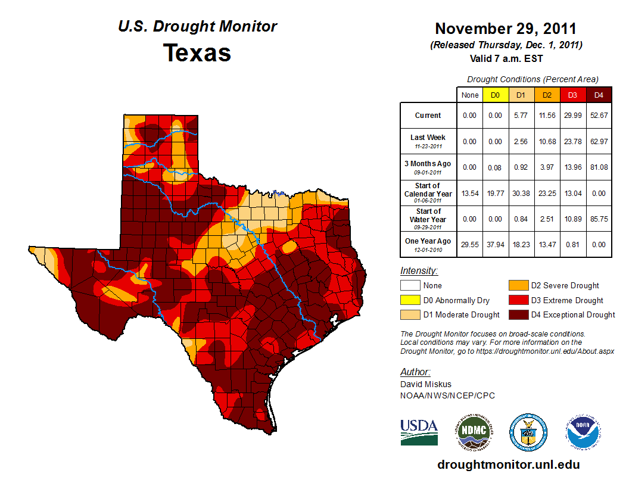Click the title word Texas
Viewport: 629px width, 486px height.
pyautogui.click(x=197, y=53)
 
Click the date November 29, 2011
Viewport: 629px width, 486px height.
pyautogui.click(x=506, y=29)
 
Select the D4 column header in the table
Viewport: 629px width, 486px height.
pyautogui.click(x=599, y=95)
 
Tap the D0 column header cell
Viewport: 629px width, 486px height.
pyautogui.click(x=495, y=95)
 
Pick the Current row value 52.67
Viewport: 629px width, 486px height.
pyautogui.click(x=599, y=116)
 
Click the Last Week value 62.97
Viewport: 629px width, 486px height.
pyautogui.click(x=599, y=141)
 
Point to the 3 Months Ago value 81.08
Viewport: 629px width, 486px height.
pyautogui.click(x=599, y=167)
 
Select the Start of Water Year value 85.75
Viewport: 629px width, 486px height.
pyautogui.click(x=599, y=219)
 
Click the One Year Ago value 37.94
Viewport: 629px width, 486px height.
pyautogui.click(x=495, y=245)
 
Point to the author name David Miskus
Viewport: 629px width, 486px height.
pyautogui.click(x=425, y=384)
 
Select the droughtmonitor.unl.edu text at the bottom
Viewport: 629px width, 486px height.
pyautogui.click(x=508, y=465)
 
